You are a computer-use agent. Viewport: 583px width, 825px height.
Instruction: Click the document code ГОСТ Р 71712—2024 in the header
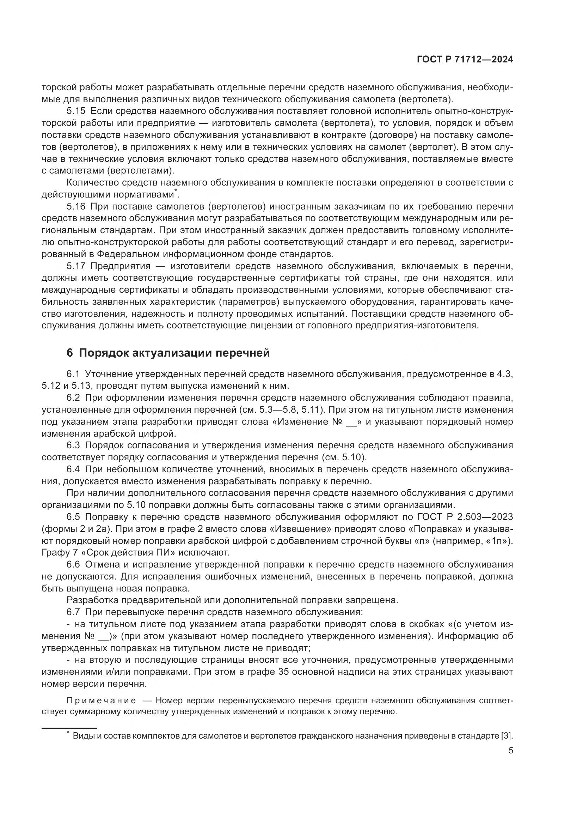(465, 60)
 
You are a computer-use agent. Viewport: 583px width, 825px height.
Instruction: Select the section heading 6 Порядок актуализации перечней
(168, 353)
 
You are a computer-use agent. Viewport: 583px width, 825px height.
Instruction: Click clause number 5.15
(76, 111)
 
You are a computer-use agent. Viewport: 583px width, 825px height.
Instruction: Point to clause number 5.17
(76, 266)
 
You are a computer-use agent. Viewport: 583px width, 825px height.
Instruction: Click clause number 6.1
(74, 374)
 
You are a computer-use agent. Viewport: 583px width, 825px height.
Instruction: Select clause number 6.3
(74, 445)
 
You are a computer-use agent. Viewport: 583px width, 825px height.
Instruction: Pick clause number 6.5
(74, 517)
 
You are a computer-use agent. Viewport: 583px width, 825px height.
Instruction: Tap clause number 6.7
(74, 612)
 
